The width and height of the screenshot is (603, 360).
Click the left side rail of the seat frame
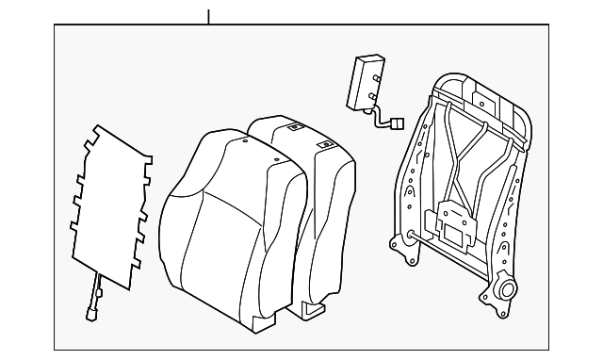click(416, 179)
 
